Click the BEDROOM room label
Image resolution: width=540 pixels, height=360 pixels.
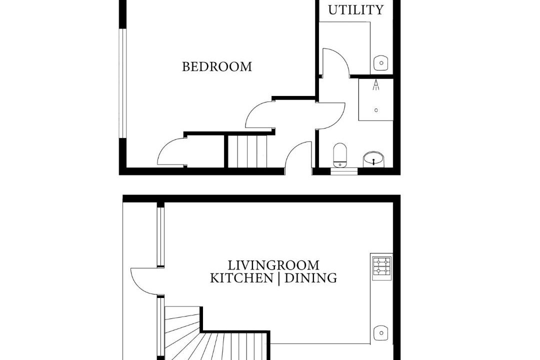tap(217, 66)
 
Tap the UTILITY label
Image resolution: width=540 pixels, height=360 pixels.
tap(356, 10)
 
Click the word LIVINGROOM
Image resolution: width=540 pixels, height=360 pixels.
tap(274, 265)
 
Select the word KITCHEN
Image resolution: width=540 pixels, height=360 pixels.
tap(241, 278)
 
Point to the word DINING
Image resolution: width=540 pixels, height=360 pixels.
tap(311, 278)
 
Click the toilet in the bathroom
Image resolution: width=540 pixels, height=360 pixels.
tap(340, 155)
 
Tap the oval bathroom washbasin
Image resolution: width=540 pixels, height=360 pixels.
tap(373, 159)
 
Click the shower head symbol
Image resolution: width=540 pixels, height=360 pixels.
tap(376, 84)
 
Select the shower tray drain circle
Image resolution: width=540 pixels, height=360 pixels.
tap(376, 110)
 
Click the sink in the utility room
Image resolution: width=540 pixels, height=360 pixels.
tap(381, 63)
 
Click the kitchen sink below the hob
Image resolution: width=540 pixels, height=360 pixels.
tap(381, 333)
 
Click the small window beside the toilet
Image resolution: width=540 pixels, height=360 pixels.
tap(344, 171)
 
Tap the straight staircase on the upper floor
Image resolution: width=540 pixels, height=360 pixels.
tap(247, 151)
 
